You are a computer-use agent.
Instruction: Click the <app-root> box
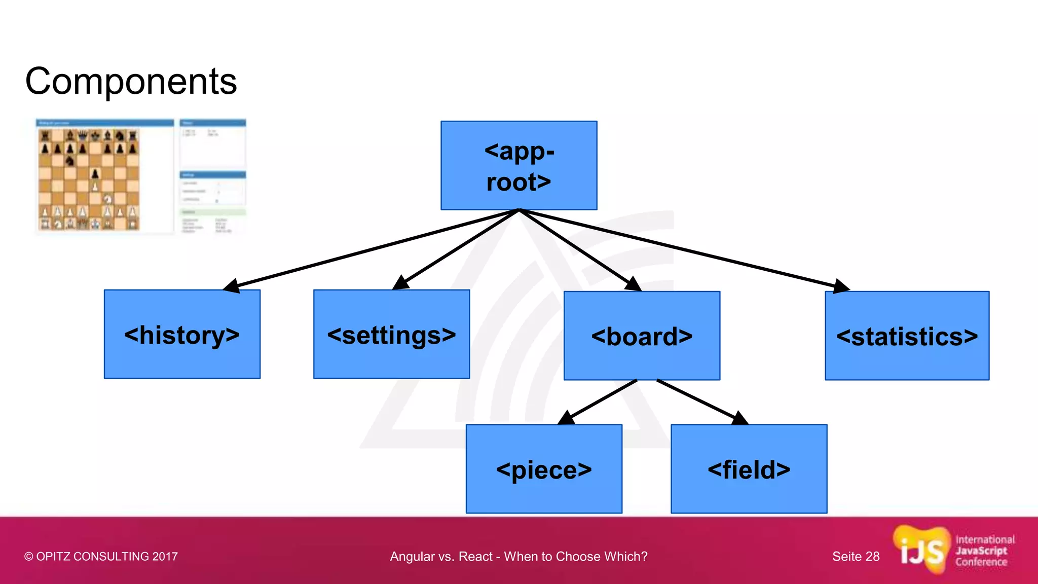(x=518, y=165)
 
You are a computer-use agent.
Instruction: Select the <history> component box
(x=182, y=334)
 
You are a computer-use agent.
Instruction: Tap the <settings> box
(x=391, y=334)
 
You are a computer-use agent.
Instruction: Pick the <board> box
(x=642, y=336)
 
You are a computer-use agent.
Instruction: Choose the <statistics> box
(x=907, y=336)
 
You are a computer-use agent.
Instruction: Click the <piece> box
(x=544, y=469)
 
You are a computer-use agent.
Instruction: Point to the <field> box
(x=749, y=469)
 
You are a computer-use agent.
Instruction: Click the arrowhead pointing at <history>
(x=232, y=286)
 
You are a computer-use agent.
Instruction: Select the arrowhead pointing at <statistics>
(x=840, y=286)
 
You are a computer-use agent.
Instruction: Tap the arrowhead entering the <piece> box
(x=566, y=418)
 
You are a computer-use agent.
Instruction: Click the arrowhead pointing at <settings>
(x=401, y=283)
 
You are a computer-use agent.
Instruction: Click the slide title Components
(x=131, y=81)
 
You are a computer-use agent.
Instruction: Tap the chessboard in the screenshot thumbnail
(x=89, y=178)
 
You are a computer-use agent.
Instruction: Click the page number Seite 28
(x=856, y=556)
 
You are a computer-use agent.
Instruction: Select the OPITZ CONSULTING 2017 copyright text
(x=101, y=556)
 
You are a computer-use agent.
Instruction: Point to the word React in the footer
(x=475, y=556)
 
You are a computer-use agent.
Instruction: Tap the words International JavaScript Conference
(x=984, y=551)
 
